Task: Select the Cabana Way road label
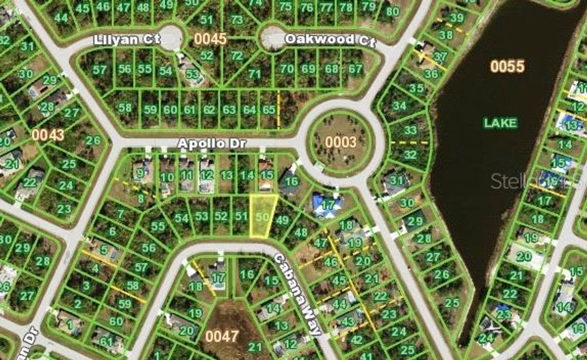pos(298,295)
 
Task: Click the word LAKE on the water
pos(500,123)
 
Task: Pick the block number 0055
pos(507,66)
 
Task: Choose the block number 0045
pos(210,39)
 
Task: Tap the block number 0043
pos(48,135)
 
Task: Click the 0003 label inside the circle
pos(341,142)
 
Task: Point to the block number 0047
pos(222,336)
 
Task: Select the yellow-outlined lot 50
pos(263,216)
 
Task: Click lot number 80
pos(392,11)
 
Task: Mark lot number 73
pos(237,20)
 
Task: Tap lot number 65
pos(268,109)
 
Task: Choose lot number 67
pos(355,69)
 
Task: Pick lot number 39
pos(457,18)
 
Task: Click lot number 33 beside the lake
pos(410,130)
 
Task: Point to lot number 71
pos(254,74)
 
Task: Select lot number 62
pos(209,109)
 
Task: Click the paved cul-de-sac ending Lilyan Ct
pos(170,37)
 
